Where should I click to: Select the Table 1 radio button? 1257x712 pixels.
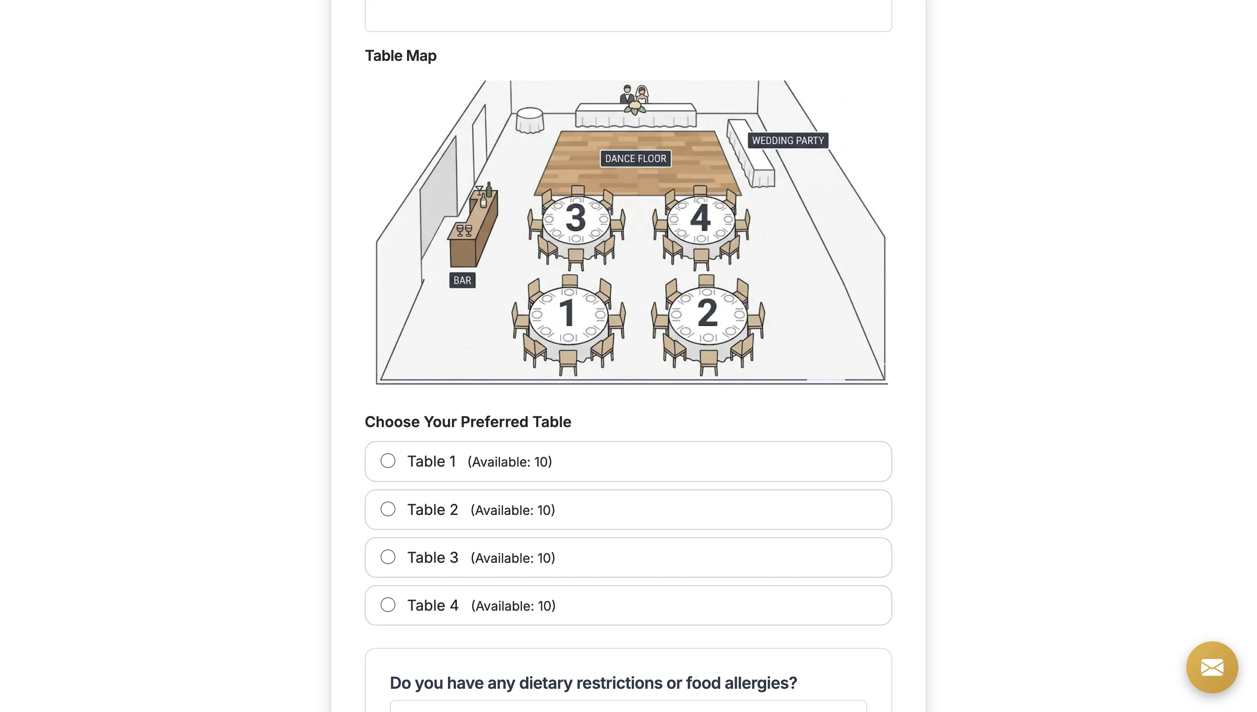388,461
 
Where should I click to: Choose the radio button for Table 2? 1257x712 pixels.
388,509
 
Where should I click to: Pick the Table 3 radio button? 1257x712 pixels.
388,557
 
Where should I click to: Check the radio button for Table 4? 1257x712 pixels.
388,605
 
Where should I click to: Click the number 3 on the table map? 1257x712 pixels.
575,218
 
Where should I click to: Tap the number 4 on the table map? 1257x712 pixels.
701,218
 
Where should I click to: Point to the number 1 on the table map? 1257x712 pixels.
567,312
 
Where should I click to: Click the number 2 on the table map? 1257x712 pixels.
707,312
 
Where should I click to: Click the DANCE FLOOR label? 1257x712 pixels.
635,158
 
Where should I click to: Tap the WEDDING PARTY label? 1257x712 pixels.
788,140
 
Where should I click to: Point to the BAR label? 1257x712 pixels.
462,280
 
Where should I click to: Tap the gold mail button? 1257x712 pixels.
1212,667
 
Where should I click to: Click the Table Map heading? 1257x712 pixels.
401,56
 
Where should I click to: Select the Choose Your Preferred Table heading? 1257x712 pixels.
468,422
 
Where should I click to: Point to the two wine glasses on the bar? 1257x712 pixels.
464,230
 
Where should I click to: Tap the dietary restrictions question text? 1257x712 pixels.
593,683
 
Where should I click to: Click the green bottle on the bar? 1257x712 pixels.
488,190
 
